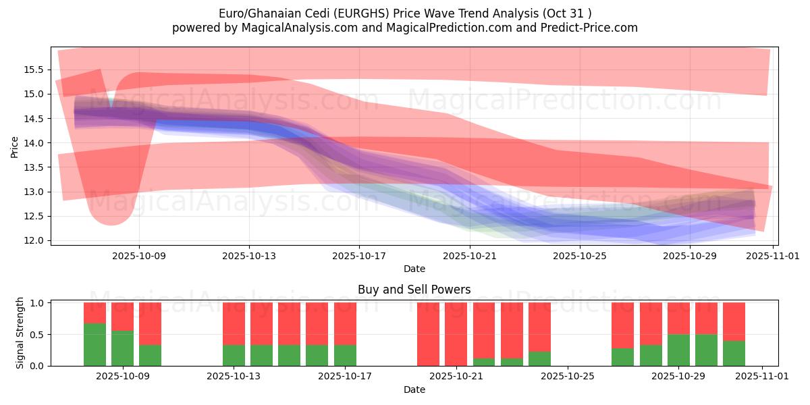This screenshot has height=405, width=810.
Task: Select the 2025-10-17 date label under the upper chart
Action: [x=358, y=256]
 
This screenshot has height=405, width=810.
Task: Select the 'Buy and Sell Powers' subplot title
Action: [x=414, y=290]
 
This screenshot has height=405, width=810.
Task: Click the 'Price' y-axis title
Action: [x=15, y=146]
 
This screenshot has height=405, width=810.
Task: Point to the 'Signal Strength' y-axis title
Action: [x=20, y=333]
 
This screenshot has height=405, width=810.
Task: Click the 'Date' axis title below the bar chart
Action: [x=414, y=389]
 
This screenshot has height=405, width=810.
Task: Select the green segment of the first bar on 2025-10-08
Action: [x=94, y=344]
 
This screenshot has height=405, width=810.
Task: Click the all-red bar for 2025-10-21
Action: [x=456, y=333]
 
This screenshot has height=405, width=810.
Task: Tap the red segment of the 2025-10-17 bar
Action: [x=345, y=323]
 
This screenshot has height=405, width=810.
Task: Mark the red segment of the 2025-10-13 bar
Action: [x=234, y=323]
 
